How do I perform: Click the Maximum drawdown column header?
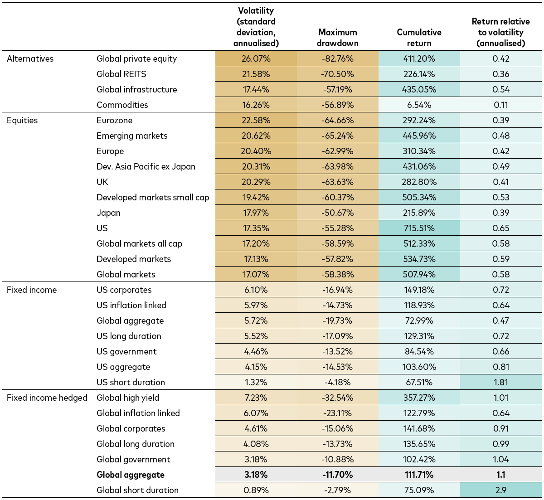(x=337, y=38)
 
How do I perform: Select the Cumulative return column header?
(x=419, y=38)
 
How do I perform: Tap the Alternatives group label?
(x=30, y=58)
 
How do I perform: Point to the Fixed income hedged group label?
(x=47, y=398)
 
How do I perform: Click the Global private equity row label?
(x=136, y=58)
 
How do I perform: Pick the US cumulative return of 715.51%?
(x=419, y=228)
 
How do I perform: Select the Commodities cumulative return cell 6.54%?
(x=419, y=105)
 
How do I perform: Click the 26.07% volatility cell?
(x=256, y=58)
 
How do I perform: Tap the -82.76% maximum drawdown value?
(x=337, y=58)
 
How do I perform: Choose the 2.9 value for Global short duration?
(x=500, y=490)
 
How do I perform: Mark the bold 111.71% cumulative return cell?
(x=419, y=475)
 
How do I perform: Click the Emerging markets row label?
(x=132, y=136)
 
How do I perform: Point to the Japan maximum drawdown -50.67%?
(x=337, y=213)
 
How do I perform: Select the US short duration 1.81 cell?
(x=500, y=382)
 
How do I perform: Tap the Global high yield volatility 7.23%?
(x=256, y=398)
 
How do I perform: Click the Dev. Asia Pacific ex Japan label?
(x=146, y=166)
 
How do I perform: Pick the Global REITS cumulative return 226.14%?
(x=419, y=74)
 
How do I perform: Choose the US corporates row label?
(x=124, y=290)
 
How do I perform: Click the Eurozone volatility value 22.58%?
(x=256, y=120)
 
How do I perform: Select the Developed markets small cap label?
(x=153, y=197)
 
